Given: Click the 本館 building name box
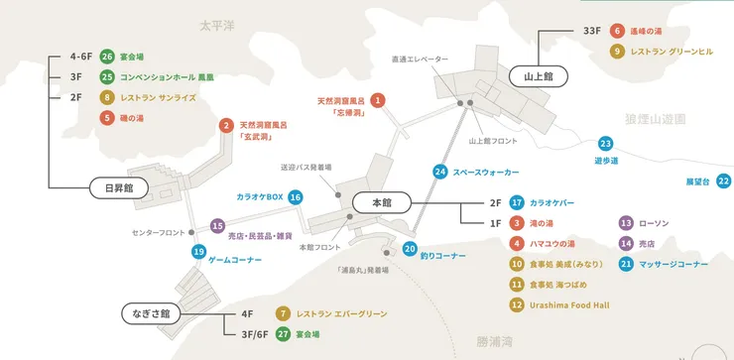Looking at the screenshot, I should coord(380,202).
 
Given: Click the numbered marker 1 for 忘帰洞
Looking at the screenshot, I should coord(377,100).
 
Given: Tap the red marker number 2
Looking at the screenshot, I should coord(227,126).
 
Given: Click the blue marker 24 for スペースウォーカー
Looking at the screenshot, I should coord(439,173).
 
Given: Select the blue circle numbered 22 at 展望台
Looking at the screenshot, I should coord(723,181).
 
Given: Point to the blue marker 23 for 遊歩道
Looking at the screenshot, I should coord(605,145).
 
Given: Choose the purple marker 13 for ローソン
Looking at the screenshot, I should coord(626,223).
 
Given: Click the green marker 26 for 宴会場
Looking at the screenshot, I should coord(107,58).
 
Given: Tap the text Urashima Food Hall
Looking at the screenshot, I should coord(572,304).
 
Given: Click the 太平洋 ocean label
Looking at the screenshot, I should coord(215,25).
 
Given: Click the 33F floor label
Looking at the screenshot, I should coord(593,31).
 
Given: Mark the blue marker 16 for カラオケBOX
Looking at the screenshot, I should coord(295,197).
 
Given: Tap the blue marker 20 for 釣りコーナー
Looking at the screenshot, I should coord(411,249).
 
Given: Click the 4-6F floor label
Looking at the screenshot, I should coord(80,58).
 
